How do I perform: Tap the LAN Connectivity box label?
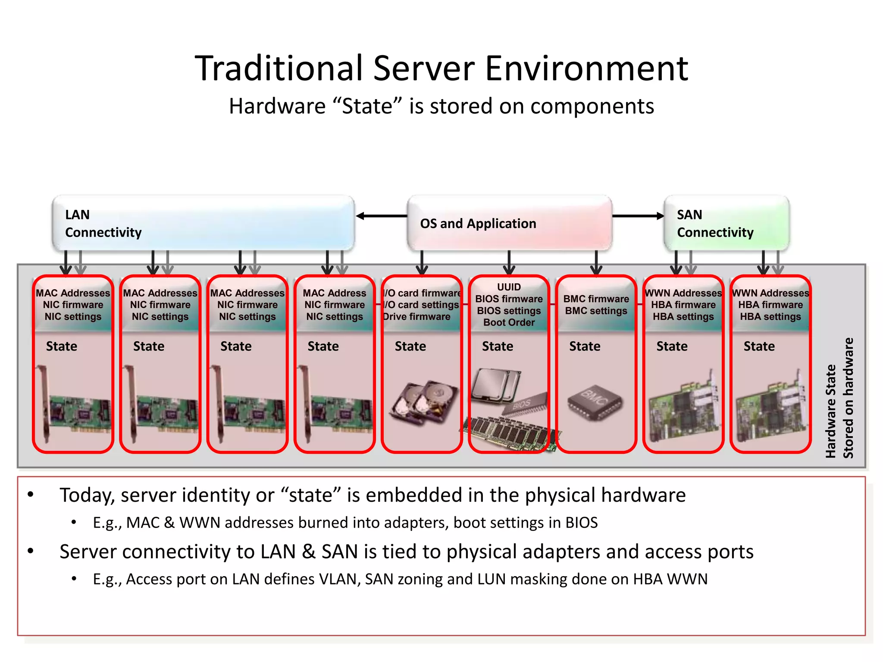(x=103, y=223)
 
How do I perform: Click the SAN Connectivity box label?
(x=715, y=223)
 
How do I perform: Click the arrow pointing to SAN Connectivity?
(x=638, y=216)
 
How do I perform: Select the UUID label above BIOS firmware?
(x=509, y=287)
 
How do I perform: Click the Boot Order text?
(x=509, y=322)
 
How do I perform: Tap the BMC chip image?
(x=595, y=403)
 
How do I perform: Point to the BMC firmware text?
(x=596, y=299)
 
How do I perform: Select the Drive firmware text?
(x=416, y=317)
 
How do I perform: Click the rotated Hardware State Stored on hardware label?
(x=839, y=399)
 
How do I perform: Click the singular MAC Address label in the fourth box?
(x=334, y=293)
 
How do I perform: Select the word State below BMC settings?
(x=585, y=346)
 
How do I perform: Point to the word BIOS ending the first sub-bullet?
(x=581, y=522)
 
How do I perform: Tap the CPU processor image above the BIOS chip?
(x=496, y=384)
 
